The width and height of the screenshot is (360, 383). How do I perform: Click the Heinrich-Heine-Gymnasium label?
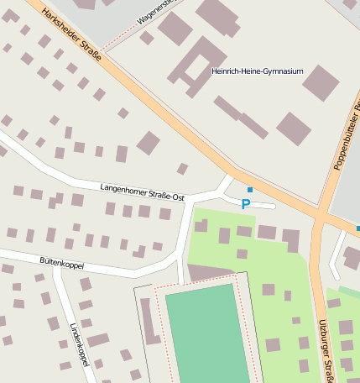[x=257, y=71]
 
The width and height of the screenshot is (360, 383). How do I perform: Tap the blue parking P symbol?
[x=246, y=204]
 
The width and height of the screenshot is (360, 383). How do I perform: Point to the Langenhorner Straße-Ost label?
[x=142, y=191]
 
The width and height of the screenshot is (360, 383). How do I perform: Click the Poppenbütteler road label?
[x=347, y=134]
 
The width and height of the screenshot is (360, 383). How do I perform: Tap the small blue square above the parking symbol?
[x=249, y=190]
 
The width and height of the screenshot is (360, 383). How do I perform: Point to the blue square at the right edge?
[x=357, y=228]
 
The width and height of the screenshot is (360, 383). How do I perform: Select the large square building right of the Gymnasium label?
[x=321, y=83]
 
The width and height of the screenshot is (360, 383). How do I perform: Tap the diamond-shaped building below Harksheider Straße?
[x=149, y=143]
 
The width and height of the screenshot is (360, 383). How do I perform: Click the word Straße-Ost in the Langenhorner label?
[x=167, y=193]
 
